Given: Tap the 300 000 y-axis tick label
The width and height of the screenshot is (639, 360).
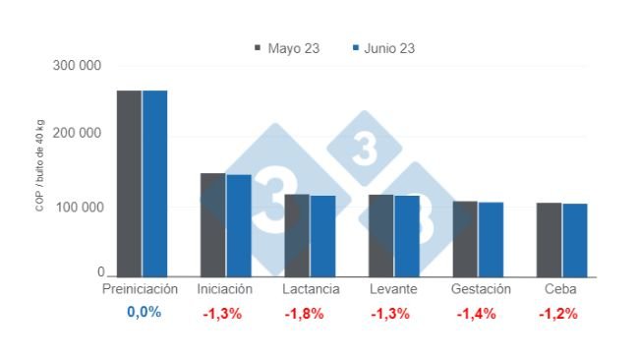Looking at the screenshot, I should coord(79,66).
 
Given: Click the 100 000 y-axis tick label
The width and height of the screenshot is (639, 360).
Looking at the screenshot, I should coord(79,208).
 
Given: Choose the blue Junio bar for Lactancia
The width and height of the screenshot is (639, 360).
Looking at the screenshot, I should coord(322,236).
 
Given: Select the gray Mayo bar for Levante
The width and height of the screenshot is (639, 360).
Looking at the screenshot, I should coord(380,235).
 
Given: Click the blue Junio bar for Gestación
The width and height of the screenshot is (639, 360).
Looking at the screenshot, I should coord(491,239).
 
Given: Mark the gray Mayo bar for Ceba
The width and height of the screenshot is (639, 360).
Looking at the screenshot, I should coord(549,240).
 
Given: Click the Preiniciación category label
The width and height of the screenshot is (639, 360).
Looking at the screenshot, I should coord(141,290).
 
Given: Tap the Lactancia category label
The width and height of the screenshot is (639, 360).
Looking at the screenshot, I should coord(311,290).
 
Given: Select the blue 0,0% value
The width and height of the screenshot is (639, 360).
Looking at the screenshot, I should coord(143,314).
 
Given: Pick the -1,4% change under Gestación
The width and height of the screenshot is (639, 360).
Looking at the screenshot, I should coord(477,315).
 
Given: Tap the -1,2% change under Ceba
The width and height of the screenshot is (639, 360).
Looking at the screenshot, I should coord(557,315).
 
